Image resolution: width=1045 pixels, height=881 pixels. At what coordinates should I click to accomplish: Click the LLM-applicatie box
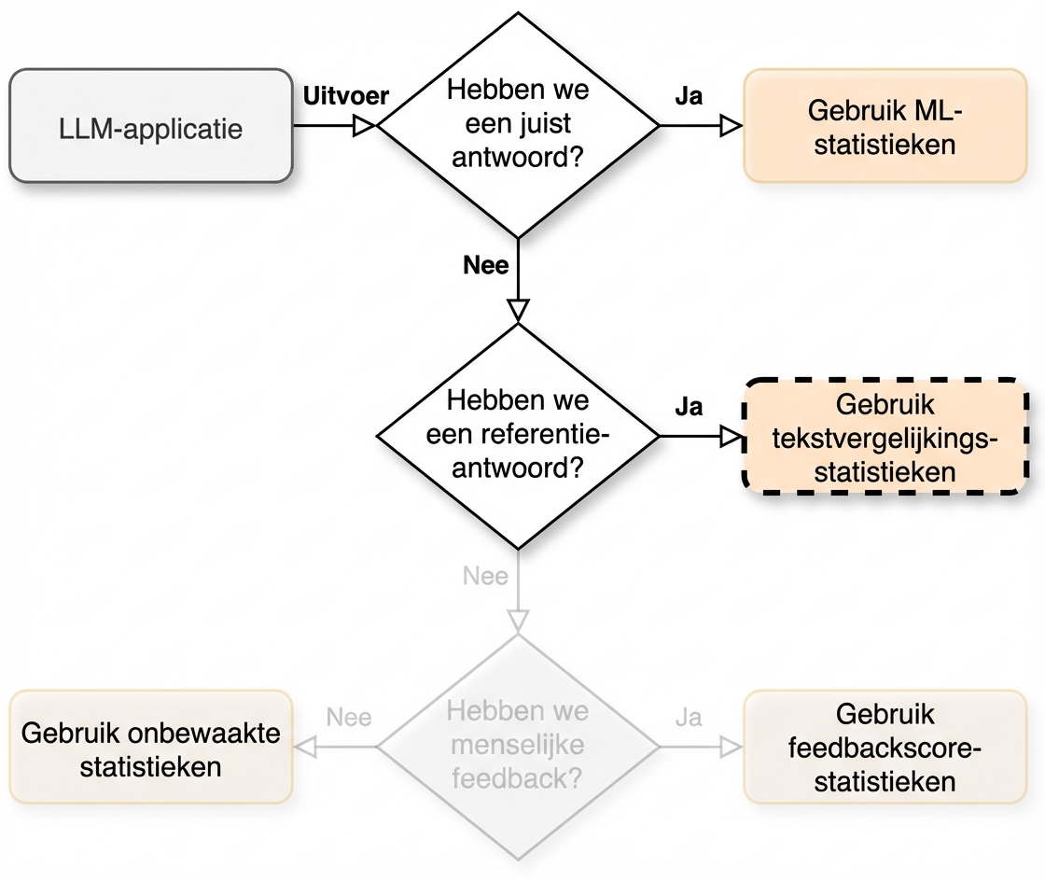[150, 125]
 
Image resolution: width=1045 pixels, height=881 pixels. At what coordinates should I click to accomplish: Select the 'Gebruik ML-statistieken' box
[885, 125]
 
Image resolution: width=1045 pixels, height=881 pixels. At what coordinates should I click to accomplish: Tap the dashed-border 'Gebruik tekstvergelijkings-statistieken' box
[885, 437]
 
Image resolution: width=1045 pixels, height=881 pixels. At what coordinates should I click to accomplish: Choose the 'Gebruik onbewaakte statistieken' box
[150, 748]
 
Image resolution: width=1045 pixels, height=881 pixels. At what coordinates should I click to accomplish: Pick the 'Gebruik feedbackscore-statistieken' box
[885, 748]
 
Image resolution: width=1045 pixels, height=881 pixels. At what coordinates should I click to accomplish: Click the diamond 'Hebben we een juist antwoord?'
[518, 125]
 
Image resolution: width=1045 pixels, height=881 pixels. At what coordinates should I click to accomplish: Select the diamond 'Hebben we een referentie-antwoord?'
[518, 435]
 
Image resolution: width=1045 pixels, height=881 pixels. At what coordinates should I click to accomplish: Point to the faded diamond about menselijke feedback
[518, 747]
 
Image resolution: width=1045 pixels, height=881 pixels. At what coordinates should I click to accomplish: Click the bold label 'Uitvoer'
[346, 96]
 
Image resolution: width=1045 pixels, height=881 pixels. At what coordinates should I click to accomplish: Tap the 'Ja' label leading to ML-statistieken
[689, 96]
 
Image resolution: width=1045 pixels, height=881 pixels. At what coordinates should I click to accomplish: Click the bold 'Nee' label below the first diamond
[486, 265]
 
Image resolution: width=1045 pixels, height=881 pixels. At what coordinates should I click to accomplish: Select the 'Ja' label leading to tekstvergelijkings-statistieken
[689, 408]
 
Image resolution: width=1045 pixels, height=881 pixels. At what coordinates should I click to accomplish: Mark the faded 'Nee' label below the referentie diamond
[486, 576]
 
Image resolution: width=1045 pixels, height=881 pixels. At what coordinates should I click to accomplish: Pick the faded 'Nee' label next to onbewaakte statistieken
[349, 718]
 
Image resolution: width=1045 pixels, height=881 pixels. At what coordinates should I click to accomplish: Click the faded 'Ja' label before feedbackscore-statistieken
[689, 718]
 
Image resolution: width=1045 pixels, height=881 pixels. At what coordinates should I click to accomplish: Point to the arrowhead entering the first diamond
[364, 125]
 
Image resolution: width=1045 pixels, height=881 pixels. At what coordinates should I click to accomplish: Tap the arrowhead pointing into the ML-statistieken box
[731, 125]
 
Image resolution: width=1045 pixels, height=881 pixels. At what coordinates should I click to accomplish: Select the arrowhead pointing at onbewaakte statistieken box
[305, 747]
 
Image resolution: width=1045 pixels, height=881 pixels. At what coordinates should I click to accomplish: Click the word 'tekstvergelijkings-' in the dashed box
[885, 438]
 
